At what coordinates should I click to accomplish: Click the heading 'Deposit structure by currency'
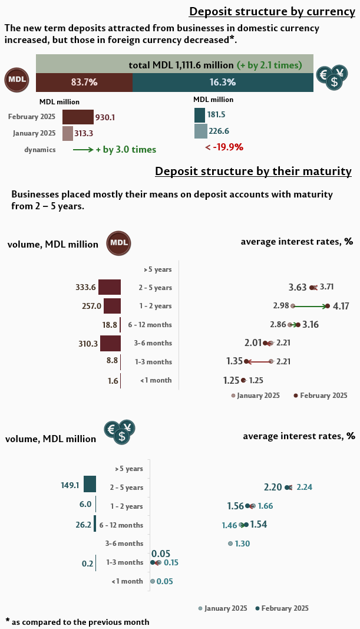[272, 12]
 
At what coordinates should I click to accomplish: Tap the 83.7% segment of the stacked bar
[84, 83]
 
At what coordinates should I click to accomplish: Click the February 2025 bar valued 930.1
[78, 117]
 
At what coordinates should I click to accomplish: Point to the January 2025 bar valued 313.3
[67, 133]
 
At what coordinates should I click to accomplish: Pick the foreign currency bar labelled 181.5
[200, 115]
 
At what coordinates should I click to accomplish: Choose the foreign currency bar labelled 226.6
[200, 131]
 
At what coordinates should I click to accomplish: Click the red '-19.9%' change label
[224, 147]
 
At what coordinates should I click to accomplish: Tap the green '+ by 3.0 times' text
[125, 150]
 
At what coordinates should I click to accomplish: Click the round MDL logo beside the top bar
[17, 80]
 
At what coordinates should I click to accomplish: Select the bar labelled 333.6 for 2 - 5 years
[110, 287]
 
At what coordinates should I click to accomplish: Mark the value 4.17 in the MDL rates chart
[341, 306]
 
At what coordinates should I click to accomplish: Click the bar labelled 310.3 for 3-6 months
[110, 343]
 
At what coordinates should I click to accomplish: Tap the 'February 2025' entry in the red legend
[323, 396]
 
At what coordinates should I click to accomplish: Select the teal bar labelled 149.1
[90, 484]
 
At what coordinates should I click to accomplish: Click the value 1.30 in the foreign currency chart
[243, 544]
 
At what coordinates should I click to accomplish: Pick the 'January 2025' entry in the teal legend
[225, 608]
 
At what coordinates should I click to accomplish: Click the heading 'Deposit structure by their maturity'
[253, 172]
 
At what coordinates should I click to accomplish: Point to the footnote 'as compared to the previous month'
[80, 622]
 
